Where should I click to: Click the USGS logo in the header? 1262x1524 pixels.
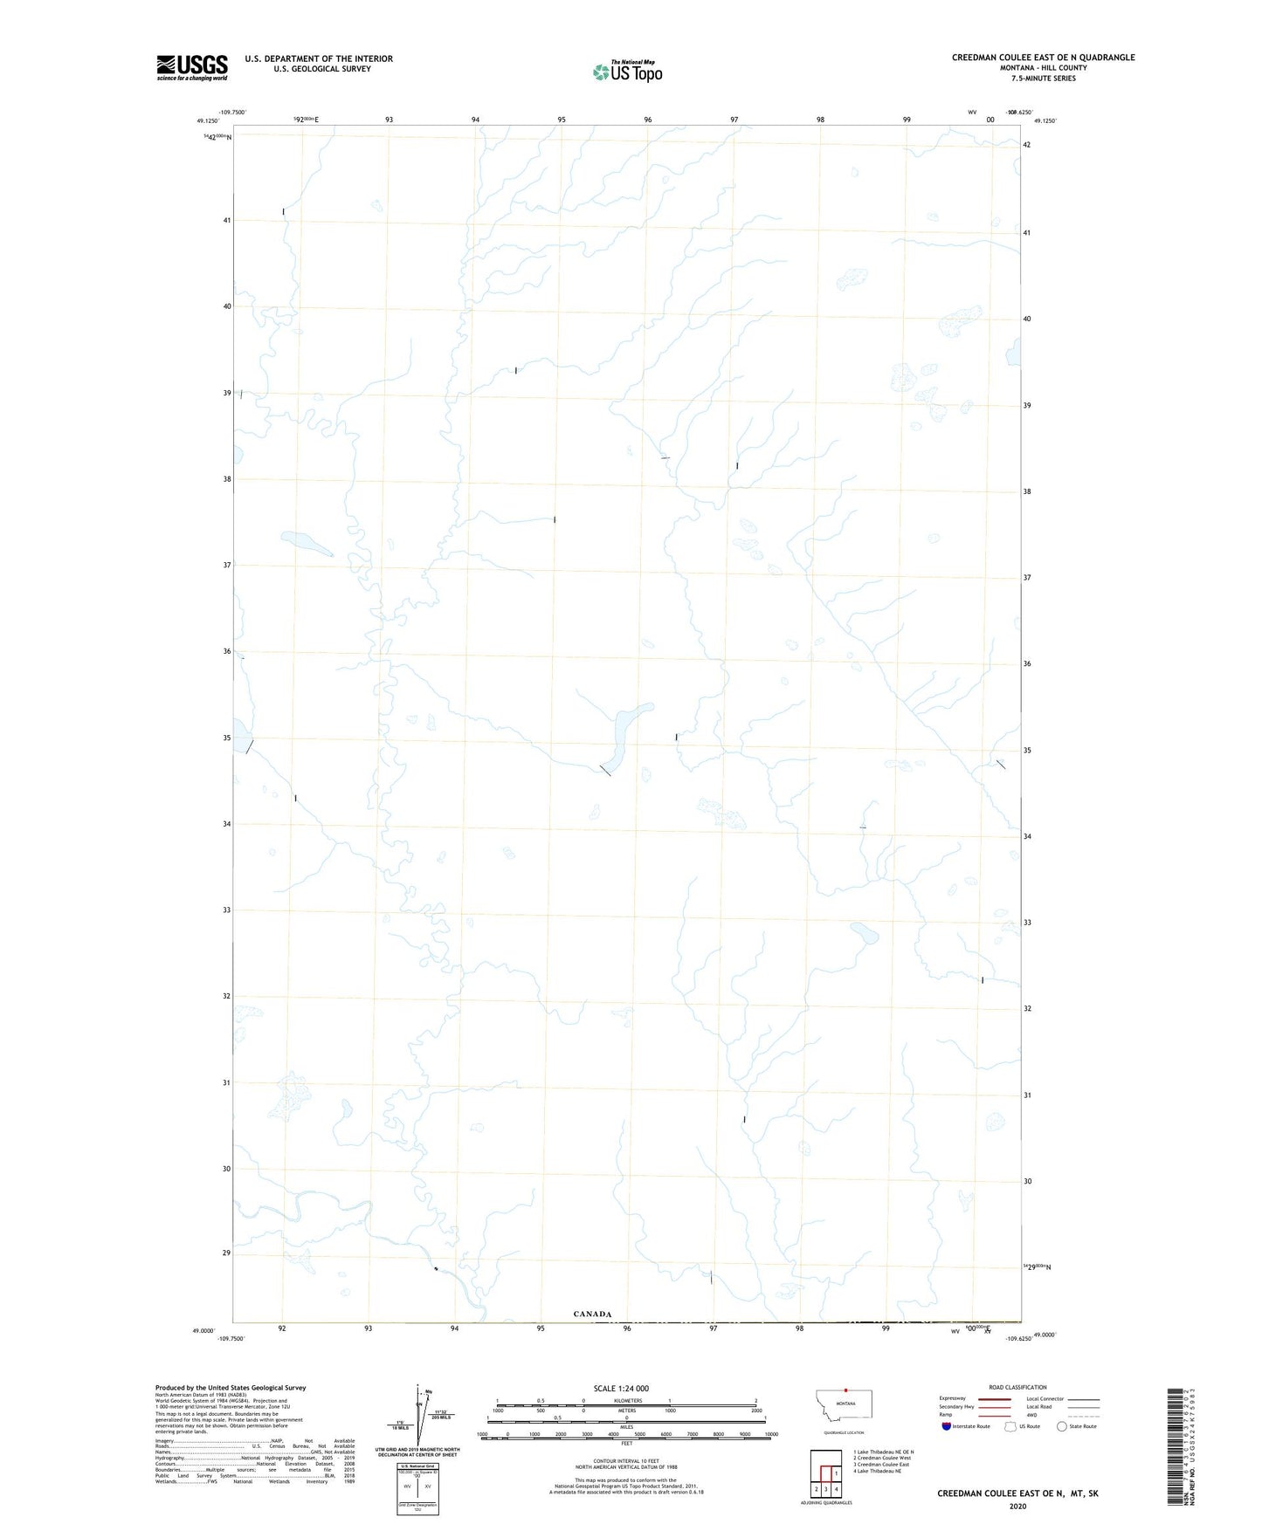[x=192, y=66]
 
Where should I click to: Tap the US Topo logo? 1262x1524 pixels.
[x=627, y=71]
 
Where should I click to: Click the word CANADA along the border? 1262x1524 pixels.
[x=592, y=1314]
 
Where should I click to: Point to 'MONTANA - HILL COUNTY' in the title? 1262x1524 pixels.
[x=1044, y=68]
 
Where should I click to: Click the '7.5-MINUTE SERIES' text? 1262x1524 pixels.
[x=1044, y=79]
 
